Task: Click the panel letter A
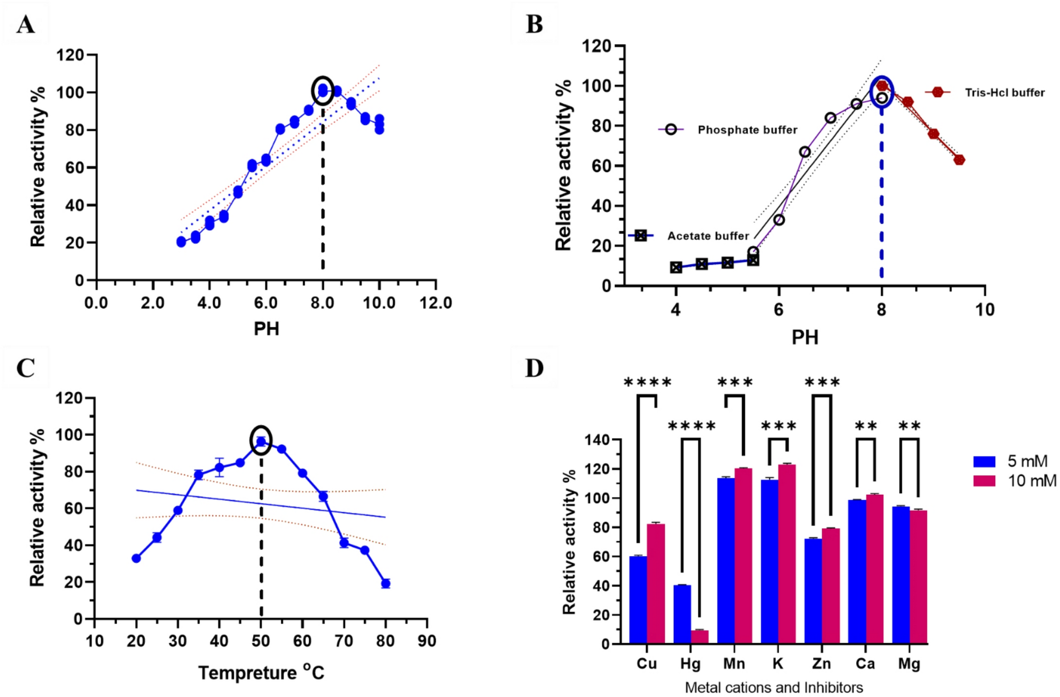25,24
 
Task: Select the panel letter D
534,368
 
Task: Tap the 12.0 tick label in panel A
435,303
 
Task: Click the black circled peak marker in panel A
323,90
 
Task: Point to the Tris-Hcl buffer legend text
1005,93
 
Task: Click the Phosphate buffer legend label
747,130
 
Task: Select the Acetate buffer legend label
708,236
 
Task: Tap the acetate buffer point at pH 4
676,267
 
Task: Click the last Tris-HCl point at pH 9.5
959,160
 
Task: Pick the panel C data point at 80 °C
385,583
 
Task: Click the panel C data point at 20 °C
136,558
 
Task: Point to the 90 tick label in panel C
427,641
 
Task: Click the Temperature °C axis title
261,673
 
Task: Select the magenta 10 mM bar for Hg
699,637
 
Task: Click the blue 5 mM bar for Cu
638,600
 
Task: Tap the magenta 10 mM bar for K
787,554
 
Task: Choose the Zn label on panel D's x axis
821,664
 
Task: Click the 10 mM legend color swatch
984,481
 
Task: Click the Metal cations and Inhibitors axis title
774,687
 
